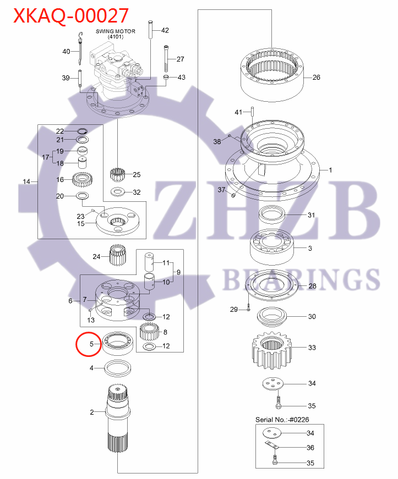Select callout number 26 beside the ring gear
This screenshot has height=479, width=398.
point(316,78)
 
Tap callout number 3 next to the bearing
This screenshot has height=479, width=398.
point(310,249)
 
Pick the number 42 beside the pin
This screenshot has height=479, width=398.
point(165,30)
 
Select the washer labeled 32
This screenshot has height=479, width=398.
point(118,192)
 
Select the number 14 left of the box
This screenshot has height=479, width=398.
point(26,181)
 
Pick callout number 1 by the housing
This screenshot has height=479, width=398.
point(330,170)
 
